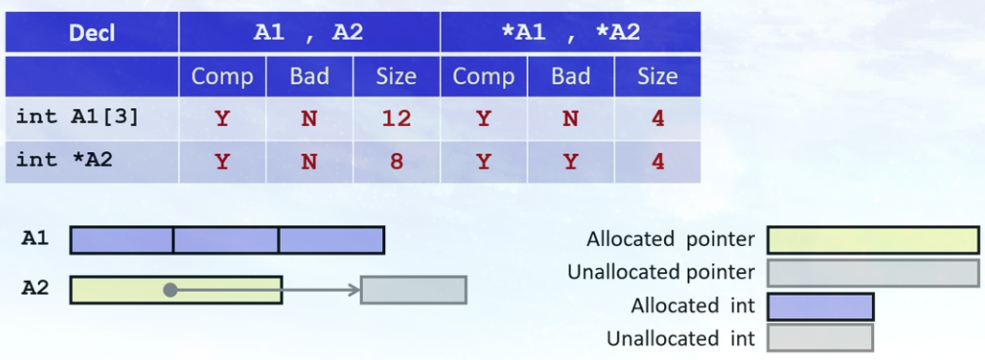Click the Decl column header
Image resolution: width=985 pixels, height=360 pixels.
(x=92, y=33)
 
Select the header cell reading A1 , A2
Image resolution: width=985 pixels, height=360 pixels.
(x=308, y=33)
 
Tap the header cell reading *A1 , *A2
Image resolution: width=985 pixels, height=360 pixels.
(x=571, y=33)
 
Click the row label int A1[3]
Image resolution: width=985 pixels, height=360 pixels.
(x=77, y=117)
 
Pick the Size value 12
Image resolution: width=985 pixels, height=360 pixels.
(x=396, y=119)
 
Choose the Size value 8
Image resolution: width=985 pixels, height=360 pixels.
(x=396, y=161)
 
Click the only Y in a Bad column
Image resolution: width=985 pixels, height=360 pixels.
(x=571, y=161)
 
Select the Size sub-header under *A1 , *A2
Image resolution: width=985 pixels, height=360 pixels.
(x=657, y=76)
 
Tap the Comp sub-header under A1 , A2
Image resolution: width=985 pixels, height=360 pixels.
(x=221, y=76)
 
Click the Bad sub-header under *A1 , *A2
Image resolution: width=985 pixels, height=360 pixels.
(x=571, y=76)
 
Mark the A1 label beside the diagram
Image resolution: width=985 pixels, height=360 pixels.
(x=35, y=238)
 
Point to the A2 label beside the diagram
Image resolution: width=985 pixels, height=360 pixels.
(x=35, y=288)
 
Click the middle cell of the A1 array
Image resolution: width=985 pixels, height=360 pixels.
(x=226, y=240)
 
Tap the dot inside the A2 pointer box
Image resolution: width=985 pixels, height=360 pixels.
(x=171, y=290)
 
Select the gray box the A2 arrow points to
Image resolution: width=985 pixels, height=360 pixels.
(x=414, y=290)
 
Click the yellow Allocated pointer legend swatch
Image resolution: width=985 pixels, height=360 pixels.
(x=873, y=240)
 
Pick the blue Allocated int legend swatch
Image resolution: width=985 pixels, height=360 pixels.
(x=820, y=306)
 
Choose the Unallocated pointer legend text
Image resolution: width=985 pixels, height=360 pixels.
(x=661, y=273)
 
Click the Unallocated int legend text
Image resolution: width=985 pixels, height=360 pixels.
(x=681, y=339)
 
